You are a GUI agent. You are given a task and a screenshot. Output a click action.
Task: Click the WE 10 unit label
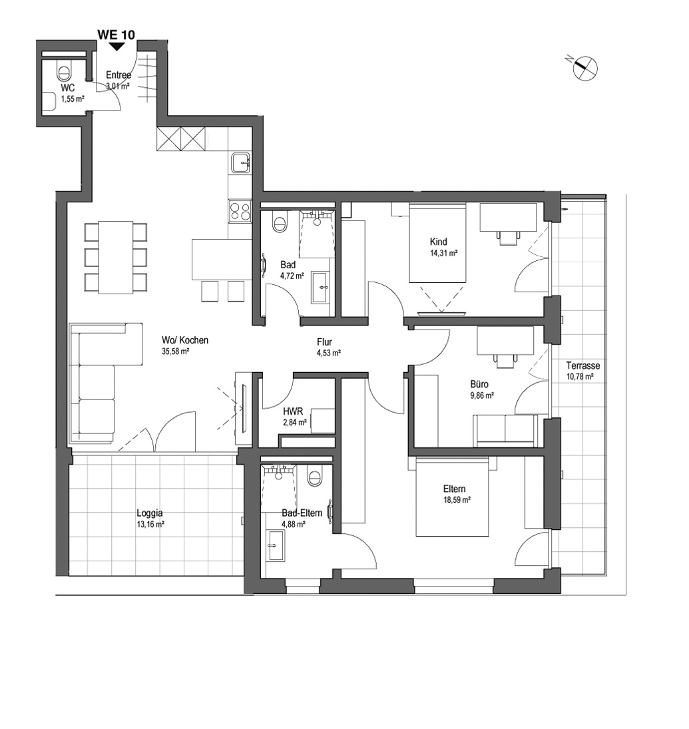116,35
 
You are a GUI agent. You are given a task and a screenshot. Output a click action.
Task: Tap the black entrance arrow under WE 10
116,47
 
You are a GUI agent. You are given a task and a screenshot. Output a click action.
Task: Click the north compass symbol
584,68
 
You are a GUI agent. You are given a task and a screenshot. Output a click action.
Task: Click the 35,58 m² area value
175,352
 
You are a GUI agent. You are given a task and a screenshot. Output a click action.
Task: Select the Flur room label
324,342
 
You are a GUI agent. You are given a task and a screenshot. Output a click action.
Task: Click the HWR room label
293,412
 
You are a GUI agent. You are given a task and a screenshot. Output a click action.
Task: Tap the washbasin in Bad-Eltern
276,545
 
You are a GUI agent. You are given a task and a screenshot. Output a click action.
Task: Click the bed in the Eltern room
453,497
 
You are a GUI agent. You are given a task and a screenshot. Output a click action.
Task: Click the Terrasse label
583,365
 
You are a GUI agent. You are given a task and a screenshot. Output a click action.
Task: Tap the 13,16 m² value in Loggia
150,524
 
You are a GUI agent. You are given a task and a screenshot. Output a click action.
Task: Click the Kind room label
439,242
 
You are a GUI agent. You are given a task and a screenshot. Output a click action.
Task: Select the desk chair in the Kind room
509,238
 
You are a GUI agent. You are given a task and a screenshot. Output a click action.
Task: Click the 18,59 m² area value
457,500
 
